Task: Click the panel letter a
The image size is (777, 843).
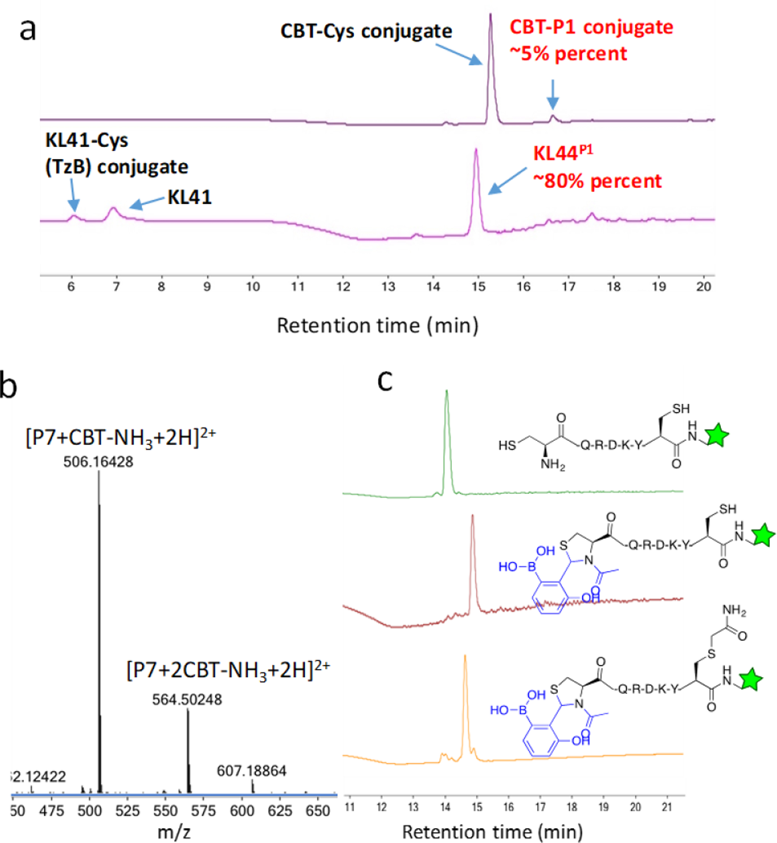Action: click(27, 30)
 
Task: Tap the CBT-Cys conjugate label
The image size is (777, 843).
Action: click(366, 32)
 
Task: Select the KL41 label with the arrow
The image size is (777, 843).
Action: click(190, 197)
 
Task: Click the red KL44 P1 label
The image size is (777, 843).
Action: click(562, 153)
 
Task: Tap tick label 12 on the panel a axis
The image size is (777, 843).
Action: click(343, 287)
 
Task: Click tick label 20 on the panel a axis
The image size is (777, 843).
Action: click(703, 287)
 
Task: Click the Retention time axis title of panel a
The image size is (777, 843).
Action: click(377, 326)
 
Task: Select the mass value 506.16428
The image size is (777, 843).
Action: click(98, 462)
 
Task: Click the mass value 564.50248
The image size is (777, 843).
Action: click(187, 699)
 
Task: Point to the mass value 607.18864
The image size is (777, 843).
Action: click(251, 771)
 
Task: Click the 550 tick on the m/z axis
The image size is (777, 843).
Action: click(165, 811)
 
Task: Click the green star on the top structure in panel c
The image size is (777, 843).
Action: click(717, 435)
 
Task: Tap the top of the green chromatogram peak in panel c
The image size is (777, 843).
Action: click(447, 391)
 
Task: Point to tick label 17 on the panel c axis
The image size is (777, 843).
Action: click(540, 807)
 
